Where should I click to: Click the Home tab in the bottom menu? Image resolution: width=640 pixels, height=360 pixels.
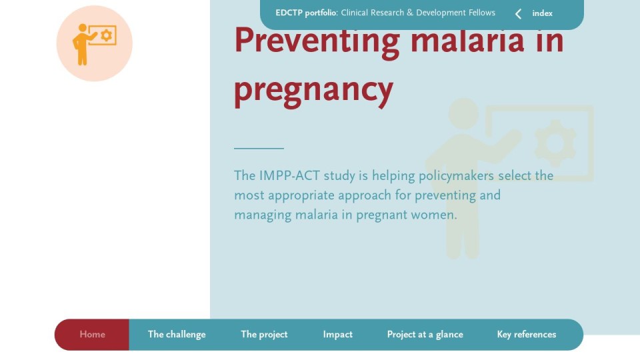coord(92,334)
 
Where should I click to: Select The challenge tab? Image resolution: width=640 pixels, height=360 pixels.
coord(177,334)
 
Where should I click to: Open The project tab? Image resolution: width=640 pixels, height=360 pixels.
coord(264,334)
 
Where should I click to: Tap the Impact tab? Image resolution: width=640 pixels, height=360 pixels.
coord(337,334)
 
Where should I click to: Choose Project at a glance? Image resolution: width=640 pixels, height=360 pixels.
coord(425,334)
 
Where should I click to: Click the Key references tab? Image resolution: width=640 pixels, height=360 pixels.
coord(527,334)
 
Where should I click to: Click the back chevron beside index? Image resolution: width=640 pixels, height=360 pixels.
coord(518,14)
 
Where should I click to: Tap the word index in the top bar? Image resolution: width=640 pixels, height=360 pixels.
coord(542,13)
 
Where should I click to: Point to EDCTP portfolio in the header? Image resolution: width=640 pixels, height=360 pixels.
coord(306,13)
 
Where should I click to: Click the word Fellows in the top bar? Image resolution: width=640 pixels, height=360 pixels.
coord(481,13)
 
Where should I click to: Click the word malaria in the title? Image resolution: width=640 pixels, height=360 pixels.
coord(467,40)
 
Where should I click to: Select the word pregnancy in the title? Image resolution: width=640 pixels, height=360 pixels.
coord(313,90)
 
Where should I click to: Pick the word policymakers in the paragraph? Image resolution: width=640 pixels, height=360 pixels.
coord(456,176)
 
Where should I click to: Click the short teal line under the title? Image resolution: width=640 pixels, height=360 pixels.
coord(259,148)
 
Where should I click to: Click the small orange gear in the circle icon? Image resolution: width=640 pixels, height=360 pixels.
coord(107,35)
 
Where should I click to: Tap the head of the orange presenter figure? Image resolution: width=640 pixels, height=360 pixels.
coord(83,28)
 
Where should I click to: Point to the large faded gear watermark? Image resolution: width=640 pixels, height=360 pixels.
coord(555,143)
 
